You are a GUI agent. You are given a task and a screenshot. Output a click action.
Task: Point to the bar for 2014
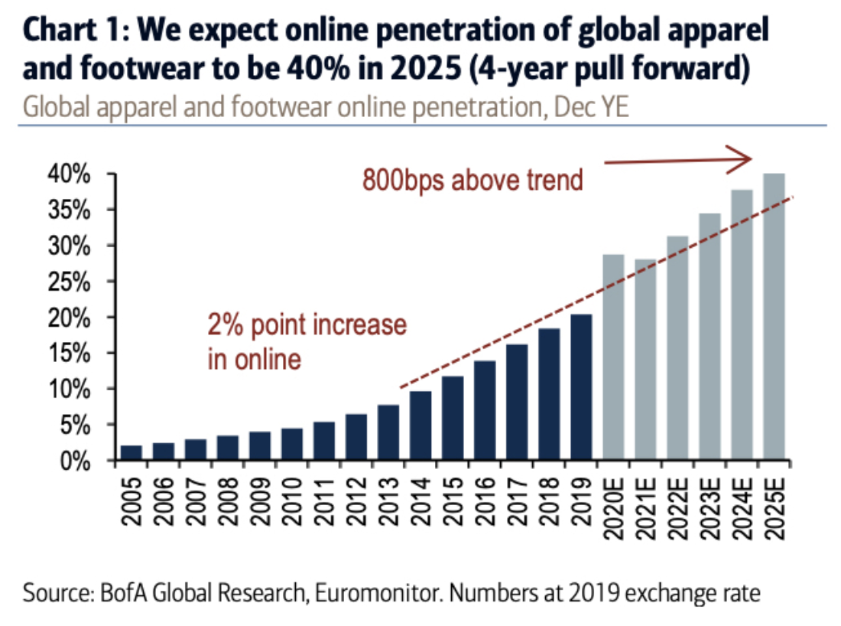(x=420, y=425)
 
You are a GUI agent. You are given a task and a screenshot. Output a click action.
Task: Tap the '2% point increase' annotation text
(x=307, y=324)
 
